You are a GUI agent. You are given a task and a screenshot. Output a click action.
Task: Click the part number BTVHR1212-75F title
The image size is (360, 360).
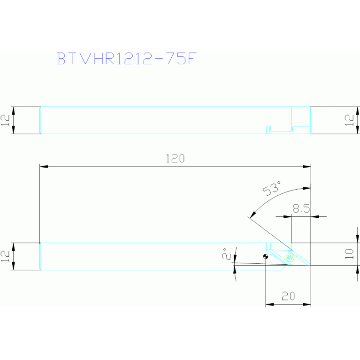pyautogui.click(x=127, y=59)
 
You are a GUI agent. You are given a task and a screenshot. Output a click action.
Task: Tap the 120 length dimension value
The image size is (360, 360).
pyautogui.click(x=175, y=159)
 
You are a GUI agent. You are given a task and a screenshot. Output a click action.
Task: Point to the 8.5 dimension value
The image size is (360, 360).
pyautogui.click(x=301, y=208)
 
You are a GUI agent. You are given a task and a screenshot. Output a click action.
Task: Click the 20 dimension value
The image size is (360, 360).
pyautogui.click(x=288, y=296)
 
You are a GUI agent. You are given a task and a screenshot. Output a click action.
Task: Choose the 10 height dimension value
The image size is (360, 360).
pyautogui.click(x=349, y=254)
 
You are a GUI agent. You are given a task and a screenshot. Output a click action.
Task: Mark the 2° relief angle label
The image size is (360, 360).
pyautogui.click(x=226, y=253)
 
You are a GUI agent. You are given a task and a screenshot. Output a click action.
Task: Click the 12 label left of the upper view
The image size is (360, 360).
pyautogui.click(x=5, y=120)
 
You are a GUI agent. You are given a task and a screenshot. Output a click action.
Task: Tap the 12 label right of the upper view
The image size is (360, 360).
pyautogui.click(x=349, y=120)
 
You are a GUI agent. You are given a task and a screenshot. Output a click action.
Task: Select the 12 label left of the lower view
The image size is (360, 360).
pyautogui.click(x=5, y=256)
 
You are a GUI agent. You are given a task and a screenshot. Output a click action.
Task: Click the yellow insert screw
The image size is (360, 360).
pyautogui.click(x=290, y=258)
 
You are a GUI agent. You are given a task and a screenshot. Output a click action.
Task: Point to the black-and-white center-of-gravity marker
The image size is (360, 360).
pyautogui.click(x=266, y=256)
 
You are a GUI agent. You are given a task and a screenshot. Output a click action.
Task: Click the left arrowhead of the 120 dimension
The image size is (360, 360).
pyautogui.click(x=44, y=167)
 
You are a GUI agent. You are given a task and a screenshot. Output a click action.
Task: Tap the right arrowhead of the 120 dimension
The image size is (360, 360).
pyautogui.click(x=307, y=167)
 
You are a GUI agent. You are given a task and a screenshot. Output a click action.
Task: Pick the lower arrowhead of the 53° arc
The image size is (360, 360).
pyautogui.click(x=253, y=214)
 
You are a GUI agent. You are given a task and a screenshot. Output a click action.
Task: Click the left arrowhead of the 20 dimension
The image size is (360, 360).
pyautogui.click(x=270, y=305)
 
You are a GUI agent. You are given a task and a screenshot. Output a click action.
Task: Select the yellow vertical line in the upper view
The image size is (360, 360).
pyautogui.click(x=290, y=120)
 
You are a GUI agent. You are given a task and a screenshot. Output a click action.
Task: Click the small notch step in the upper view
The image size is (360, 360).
pyautogui.click(x=268, y=130)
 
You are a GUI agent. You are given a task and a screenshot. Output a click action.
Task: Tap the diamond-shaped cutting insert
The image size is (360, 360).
pyautogui.click(x=290, y=257)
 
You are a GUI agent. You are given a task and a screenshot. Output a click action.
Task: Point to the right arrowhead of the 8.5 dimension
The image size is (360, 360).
pyautogui.click(x=315, y=216)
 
